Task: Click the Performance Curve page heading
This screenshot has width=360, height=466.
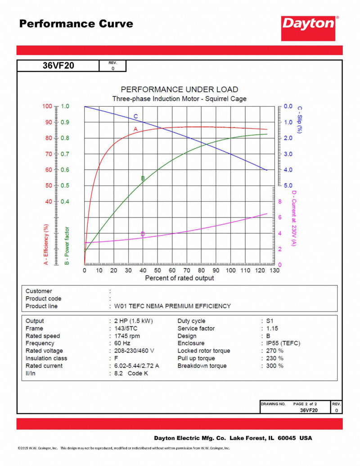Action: (x=76, y=24)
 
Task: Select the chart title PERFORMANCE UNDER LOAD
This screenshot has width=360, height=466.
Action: (x=179, y=90)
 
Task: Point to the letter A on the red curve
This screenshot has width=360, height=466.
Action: (x=135, y=129)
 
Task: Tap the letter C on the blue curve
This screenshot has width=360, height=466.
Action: (x=135, y=117)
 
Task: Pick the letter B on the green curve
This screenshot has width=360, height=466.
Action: (x=143, y=178)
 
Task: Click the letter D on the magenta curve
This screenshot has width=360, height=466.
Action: (x=143, y=234)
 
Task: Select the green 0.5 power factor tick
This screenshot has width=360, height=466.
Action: (x=65, y=185)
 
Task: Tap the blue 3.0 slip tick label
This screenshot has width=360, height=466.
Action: (x=288, y=154)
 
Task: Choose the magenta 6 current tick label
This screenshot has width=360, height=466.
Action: (x=280, y=217)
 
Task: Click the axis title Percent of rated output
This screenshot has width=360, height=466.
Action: (x=179, y=278)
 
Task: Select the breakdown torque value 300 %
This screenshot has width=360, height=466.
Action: (x=275, y=366)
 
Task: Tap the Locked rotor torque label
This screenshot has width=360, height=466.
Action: (x=203, y=351)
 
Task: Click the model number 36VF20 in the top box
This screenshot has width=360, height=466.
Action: (x=58, y=66)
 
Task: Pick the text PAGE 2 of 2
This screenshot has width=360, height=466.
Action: (x=305, y=404)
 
